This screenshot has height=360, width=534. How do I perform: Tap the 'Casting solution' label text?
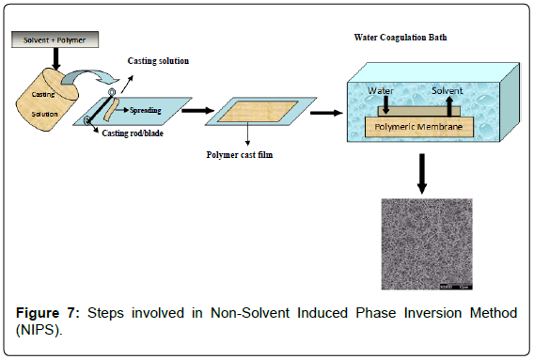(x=159, y=61)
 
